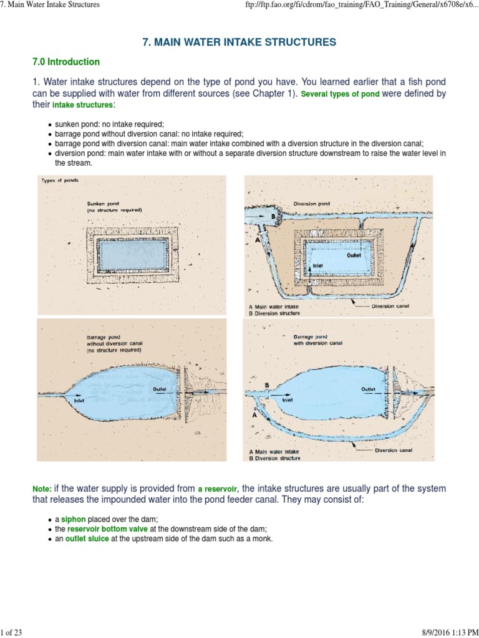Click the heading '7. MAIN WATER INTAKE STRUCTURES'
(x=239, y=42)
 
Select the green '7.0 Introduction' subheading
(x=66, y=62)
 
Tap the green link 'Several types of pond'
(x=341, y=95)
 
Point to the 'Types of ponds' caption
(x=59, y=181)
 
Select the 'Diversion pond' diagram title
(x=312, y=204)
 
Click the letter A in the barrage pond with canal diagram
(x=254, y=414)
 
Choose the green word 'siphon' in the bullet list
(x=74, y=518)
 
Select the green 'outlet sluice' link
(x=87, y=538)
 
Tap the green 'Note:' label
(x=42, y=489)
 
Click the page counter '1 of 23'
(x=12, y=632)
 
